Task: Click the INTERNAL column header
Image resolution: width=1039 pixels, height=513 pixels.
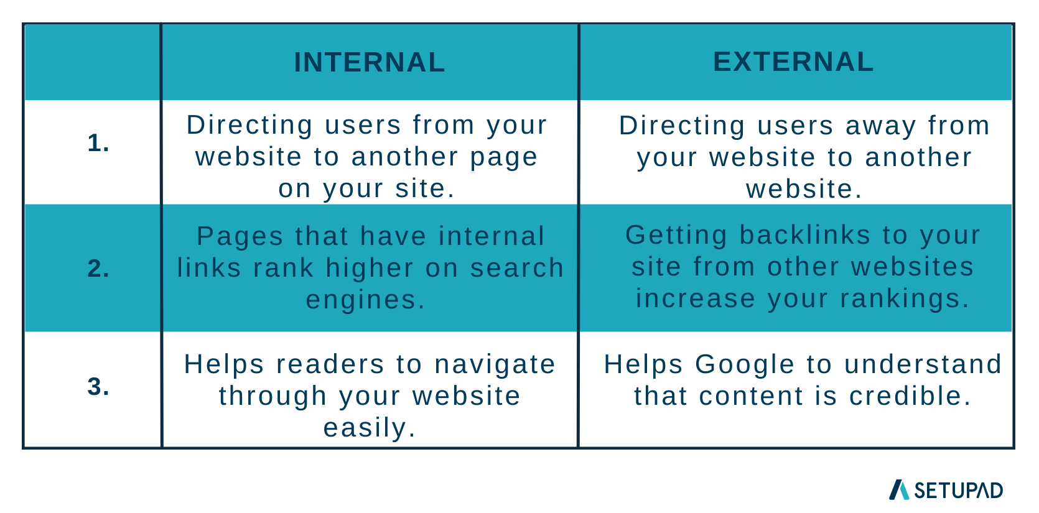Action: (x=370, y=62)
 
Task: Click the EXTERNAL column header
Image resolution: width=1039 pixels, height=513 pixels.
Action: (x=793, y=62)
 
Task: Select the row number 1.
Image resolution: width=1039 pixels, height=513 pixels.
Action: (x=98, y=143)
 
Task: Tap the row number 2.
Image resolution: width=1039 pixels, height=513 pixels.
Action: (x=98, y=268)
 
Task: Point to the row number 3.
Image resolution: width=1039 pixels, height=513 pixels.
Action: (x=98, y=386)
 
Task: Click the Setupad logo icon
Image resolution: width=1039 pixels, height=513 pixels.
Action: (x=898, y=489)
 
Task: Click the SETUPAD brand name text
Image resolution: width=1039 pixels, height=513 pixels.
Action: (x=958, y=491)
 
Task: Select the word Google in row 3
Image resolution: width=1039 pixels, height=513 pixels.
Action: (x=745, y=364)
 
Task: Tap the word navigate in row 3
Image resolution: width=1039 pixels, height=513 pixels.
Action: (x=495, y=364)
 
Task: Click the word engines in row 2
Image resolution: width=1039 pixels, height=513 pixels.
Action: (x=361, y=300)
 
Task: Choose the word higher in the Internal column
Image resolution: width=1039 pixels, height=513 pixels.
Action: (x=370, y=268)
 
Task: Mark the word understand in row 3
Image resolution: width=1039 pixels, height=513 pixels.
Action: (x=923, y=364)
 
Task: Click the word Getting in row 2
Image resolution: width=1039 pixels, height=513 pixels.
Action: (x=676, y=235)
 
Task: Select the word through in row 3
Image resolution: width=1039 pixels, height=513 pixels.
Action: (x=273, y=396)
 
